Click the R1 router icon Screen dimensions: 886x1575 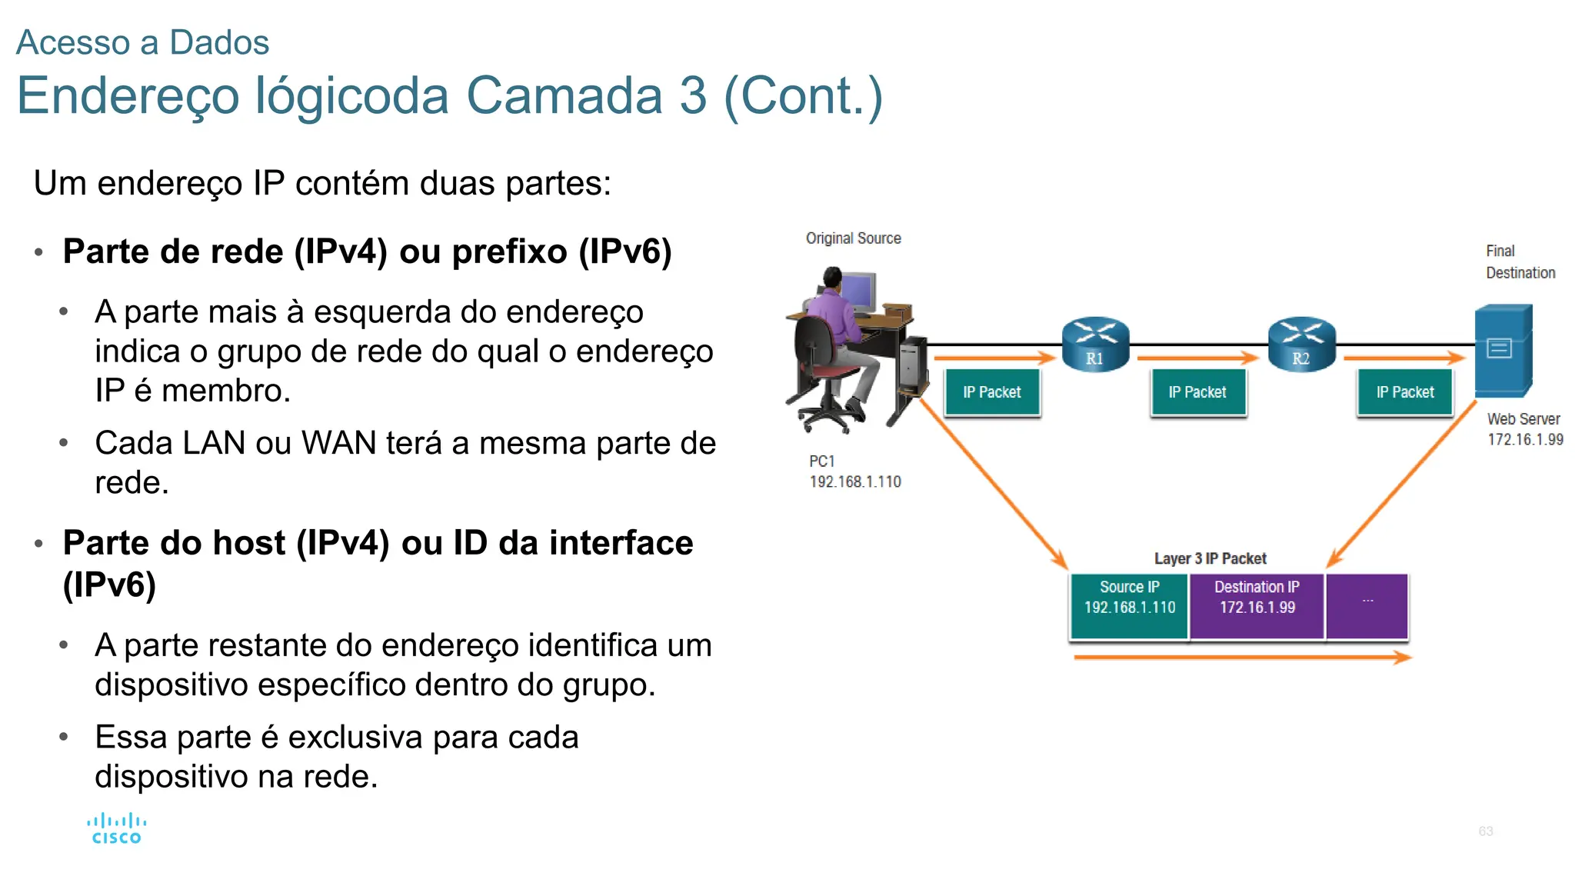point(1095,344)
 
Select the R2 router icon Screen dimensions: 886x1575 point(1301,344)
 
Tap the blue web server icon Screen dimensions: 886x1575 point(1503,350)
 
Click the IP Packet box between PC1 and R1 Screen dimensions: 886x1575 point(992,392)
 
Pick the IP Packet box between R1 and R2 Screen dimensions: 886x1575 point(1197,392)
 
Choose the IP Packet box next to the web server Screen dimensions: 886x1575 point(1405,392)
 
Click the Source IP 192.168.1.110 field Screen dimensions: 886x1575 point(1129,606)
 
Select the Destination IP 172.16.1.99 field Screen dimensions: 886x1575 point(1257,606)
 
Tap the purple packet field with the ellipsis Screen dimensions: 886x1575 point(1367,606)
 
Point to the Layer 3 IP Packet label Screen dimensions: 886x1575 point(1210,558)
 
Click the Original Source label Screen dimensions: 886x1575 point(853,238)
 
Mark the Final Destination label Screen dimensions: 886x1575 point(1520,261)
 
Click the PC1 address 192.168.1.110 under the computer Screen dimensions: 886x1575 point(855,482)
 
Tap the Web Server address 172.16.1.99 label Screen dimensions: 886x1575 point(1525,440)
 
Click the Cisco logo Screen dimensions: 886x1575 point(116,829)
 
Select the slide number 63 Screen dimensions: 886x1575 point(1486,831)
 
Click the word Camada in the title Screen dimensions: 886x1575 point(564,96)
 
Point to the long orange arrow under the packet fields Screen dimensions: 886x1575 point(1242,658)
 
